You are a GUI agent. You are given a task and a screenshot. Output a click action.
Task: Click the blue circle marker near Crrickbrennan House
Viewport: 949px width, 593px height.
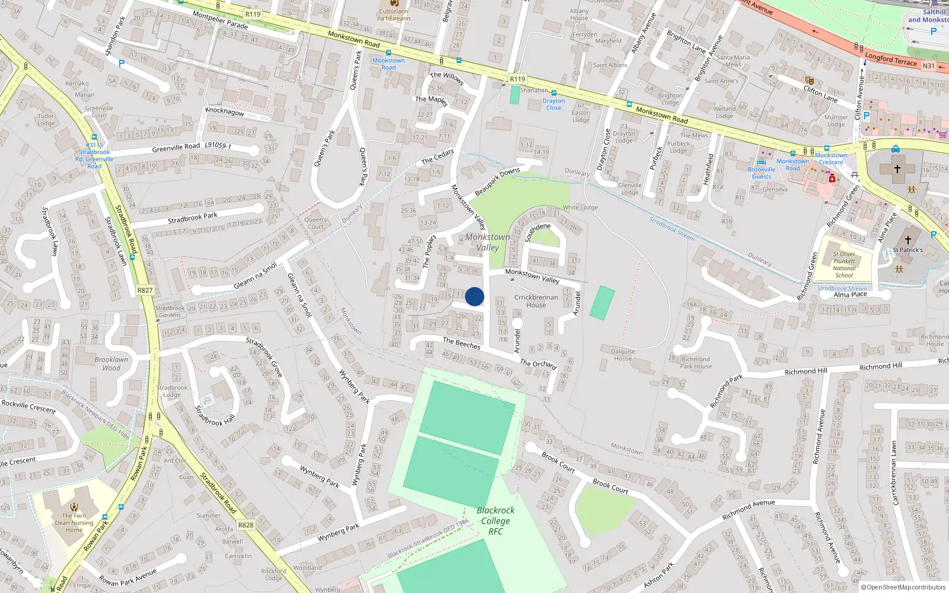coord(474,296)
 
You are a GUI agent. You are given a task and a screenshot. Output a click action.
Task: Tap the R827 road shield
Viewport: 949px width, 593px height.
coord(145,290)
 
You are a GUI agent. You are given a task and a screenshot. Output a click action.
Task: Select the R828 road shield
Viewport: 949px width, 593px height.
coord(246,525)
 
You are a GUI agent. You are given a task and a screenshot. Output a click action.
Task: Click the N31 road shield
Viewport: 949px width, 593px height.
coord(928,66)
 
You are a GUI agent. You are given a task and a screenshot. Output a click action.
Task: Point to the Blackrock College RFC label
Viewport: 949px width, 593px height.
coord(495,521)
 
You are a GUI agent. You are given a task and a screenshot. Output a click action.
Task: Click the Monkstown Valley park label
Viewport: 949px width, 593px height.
coord(488,242)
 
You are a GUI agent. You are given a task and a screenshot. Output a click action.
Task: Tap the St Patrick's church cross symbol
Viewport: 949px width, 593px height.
coord(907,240)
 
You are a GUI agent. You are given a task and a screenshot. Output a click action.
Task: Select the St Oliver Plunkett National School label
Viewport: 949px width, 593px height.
coord(844,264)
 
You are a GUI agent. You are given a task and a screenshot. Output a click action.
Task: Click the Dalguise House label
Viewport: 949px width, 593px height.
coord(623,355)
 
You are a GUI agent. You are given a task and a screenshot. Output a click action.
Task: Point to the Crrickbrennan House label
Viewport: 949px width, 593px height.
coord(536,301)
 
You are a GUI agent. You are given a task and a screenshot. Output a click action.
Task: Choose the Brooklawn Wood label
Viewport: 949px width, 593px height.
coord(111,364)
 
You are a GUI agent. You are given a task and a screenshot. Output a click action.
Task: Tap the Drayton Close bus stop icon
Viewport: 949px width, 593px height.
coord(553,93)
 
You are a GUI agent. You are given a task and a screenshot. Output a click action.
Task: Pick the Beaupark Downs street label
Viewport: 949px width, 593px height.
coord(497,181)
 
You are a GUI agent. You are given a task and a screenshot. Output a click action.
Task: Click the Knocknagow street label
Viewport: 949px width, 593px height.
coord(224,111)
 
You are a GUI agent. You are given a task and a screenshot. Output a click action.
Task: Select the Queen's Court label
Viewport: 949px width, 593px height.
coord(316,223)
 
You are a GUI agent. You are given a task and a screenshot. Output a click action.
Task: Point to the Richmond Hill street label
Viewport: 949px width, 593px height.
coord(805,371)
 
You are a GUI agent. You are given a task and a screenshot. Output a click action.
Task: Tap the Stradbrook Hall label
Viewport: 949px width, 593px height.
coord(215,416)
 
